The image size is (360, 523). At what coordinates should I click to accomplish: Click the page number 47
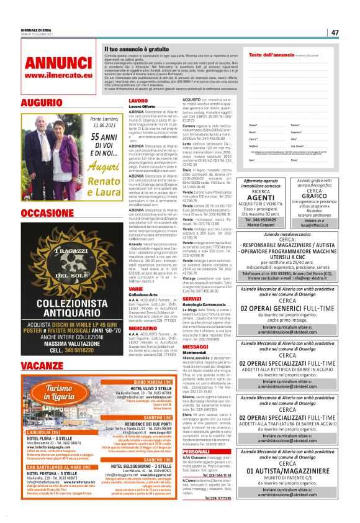335,32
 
